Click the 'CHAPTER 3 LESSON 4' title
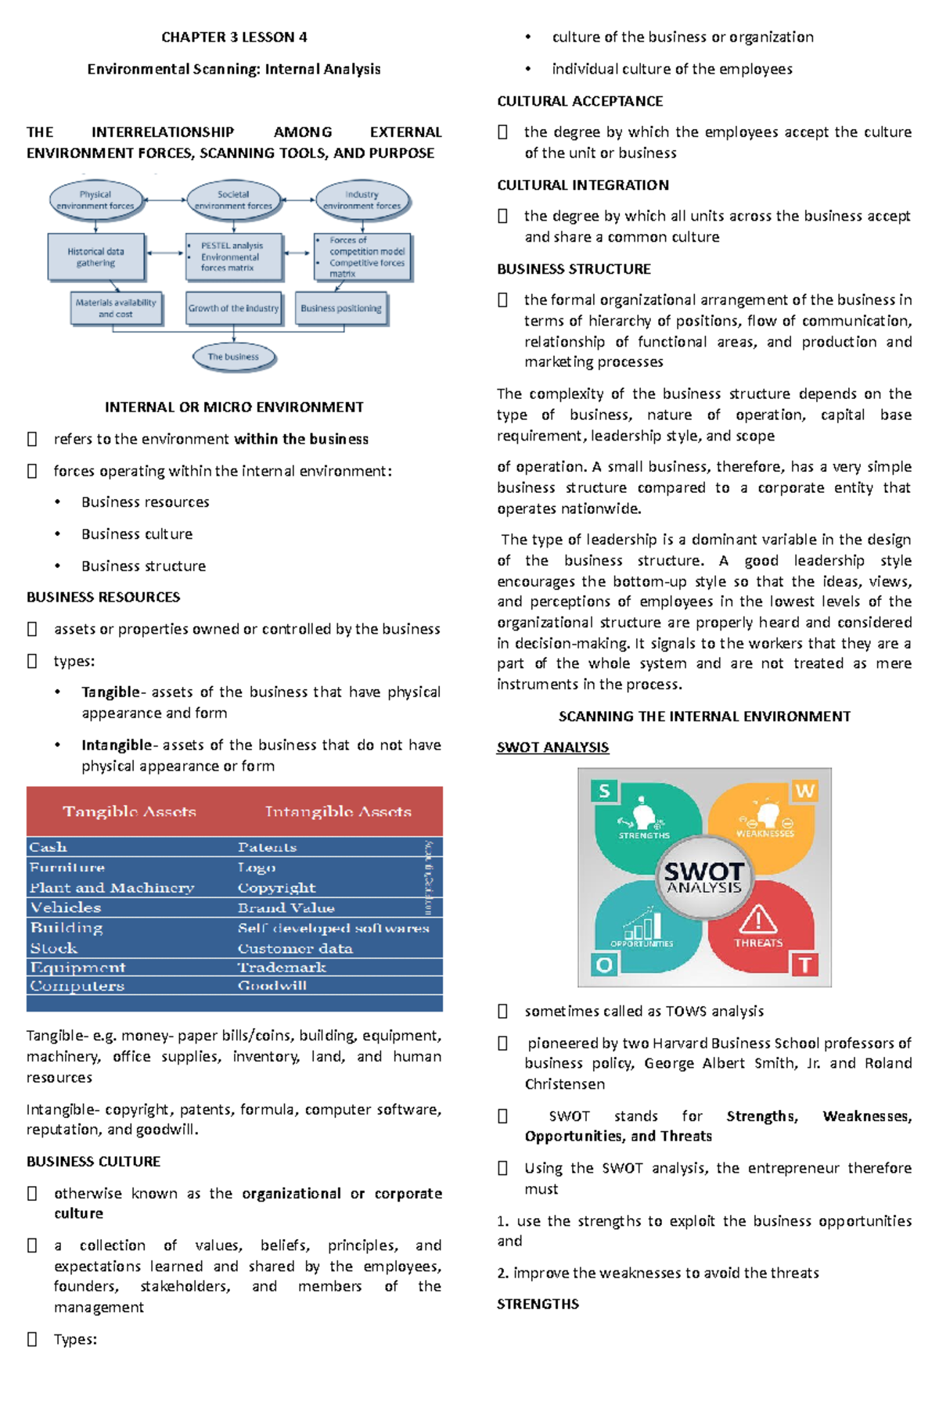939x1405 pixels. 234,37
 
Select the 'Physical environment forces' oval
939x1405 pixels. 95,200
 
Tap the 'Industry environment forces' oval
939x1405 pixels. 362,200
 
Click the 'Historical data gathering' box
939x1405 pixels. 95,257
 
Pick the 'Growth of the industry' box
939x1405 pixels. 233,308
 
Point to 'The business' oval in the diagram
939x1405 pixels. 233,357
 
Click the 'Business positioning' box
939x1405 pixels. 341,308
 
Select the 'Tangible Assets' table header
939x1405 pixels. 129,811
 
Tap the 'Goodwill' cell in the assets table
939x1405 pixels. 272,986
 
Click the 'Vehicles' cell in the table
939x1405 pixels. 66,907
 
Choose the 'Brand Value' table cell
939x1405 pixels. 286,907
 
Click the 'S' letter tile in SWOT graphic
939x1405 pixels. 604,791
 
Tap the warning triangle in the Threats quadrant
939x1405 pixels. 757,919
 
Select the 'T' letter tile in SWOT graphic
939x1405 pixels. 804,965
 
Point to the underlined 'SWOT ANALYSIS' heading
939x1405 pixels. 552,747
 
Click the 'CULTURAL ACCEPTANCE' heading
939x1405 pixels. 580,101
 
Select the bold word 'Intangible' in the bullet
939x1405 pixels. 116,745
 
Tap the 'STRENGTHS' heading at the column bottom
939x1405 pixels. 538,1304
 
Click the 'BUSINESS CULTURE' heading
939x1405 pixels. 93,1162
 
